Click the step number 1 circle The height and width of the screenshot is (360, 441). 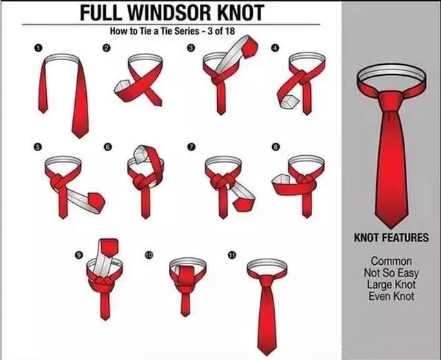39,48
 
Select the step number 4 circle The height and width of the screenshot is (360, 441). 275,48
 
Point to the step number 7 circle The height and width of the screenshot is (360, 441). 192,147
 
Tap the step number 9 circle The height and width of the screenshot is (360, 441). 79,255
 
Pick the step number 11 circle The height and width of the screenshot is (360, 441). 232,255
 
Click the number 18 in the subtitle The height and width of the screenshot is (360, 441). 229,30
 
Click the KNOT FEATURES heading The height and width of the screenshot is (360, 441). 391,237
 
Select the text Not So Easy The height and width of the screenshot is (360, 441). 391,272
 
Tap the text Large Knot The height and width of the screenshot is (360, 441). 391,284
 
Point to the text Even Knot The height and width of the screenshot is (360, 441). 391,296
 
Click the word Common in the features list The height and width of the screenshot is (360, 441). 391,261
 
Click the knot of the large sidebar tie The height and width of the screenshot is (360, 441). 391,101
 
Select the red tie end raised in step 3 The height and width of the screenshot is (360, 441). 249,47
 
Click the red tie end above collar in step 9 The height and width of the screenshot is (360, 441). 109,247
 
